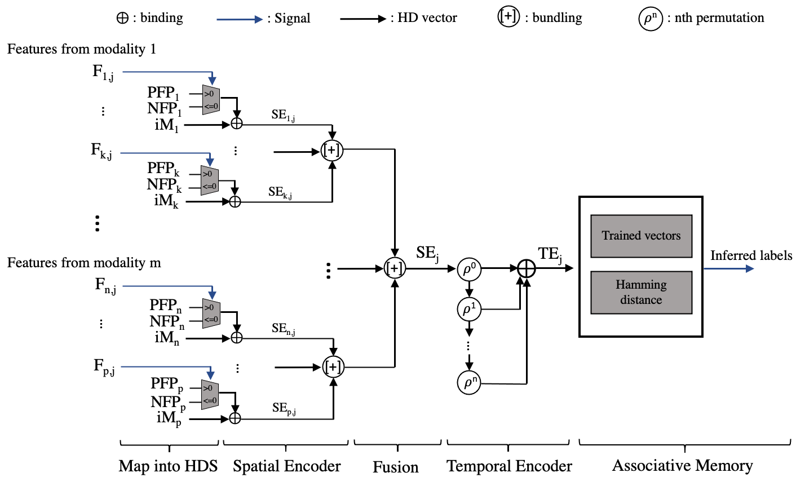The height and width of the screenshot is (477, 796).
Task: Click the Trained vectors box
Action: pos(641,236)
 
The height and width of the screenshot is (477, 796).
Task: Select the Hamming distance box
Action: pos(641,293)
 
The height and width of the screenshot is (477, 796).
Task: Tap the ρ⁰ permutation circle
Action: pos(469,269)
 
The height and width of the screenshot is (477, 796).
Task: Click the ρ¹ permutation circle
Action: pos(469,309)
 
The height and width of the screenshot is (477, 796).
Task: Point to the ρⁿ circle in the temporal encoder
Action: pos(469,382)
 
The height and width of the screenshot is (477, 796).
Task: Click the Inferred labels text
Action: pos(751,255)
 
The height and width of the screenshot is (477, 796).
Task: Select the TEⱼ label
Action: pos(550,255)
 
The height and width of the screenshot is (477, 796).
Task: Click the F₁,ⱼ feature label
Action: pos(103,73)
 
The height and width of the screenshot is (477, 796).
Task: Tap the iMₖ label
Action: pos(166,201)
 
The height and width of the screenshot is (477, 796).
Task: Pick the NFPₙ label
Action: pos(167,322)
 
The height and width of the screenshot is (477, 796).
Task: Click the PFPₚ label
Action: pos(167,384)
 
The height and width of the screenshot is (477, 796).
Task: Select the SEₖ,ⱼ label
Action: pos(280,192)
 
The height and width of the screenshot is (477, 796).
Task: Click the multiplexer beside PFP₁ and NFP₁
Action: pos(211,100)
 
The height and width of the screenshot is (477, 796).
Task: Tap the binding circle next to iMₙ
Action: pos(237,338)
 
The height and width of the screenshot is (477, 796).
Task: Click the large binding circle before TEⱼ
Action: pos(527,269)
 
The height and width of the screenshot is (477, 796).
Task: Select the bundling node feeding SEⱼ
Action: pos(395,268)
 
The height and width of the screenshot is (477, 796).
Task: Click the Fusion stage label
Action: pos(396,467)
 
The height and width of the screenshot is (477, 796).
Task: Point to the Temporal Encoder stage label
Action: pos(509,466)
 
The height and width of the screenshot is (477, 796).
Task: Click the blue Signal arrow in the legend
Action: pos(240,19)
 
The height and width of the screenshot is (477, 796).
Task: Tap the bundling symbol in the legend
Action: pos(508,17)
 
